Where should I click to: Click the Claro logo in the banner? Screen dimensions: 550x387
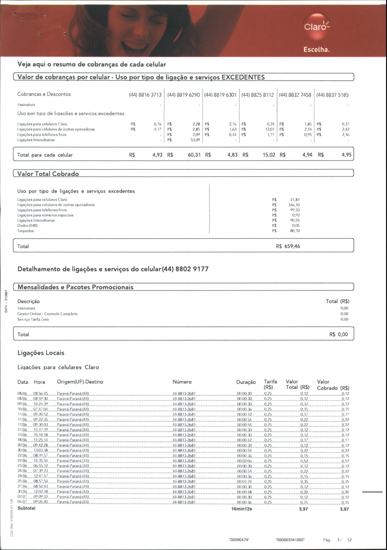316,27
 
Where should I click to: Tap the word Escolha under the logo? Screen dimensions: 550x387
316,50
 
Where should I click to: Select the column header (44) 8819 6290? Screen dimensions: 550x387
183,95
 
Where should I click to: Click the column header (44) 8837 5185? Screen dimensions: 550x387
332,95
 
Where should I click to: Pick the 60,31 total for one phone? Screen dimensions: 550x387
194,155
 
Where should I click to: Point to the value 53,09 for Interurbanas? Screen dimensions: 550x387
195,140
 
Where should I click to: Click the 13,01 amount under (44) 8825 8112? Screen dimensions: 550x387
270,129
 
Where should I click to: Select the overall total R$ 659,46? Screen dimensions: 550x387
288,246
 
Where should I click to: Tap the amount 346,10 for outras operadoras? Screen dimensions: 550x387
294,205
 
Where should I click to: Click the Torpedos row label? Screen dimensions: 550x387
25,231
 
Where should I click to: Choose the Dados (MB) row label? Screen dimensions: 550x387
27,226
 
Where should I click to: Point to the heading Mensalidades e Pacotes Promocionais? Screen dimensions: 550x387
75,287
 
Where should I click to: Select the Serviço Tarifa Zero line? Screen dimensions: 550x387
33,319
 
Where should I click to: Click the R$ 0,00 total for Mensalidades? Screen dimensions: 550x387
338,334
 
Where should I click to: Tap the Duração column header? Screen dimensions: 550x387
246,382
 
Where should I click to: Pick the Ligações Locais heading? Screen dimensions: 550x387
41,353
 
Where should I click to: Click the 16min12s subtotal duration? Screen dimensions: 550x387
242,509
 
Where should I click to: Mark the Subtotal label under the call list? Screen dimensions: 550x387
27,508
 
